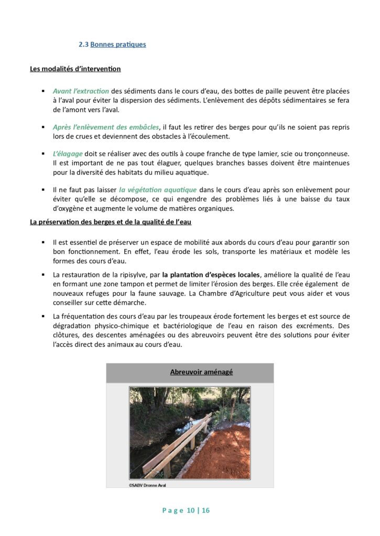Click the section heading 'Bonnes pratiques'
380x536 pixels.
click(x=118, y=44)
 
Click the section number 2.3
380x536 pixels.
click(x=83, y=44)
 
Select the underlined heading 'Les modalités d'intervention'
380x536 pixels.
click(x=75, y=69)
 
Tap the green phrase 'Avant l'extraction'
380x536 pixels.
click(x=81, y=91)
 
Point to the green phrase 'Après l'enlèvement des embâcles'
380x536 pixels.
click(x=106, y=127)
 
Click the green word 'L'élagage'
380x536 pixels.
click(x=68, y=153)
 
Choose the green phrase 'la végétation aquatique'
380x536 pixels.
click(x=158, y=189)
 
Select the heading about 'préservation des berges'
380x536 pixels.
click(x=111, y=222)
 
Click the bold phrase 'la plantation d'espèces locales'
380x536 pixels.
click(x=211, y=275)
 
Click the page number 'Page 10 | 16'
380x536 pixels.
click(x=190, y=510)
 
